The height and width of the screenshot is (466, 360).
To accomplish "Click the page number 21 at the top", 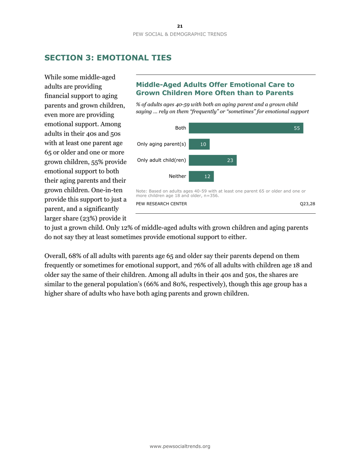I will coord(180,26).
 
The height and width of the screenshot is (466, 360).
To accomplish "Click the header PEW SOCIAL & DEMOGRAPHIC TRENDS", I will coord(180,34).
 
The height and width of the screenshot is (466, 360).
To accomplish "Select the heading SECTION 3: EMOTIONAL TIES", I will coord(108,58).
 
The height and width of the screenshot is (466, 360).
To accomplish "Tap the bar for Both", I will coord(246,128).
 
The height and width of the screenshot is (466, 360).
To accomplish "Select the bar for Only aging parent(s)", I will coord(199,144).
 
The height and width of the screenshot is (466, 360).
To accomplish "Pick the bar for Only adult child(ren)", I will coord(213,160).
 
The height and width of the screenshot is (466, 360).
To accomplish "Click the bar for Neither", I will coord(201,176).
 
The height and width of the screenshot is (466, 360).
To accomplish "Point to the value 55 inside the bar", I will coord(297,128).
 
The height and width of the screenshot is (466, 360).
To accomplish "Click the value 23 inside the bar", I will coord(230,160).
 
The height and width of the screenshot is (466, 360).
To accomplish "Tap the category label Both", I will coord(180,128).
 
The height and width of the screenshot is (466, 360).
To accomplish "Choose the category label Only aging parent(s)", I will coord(161,144).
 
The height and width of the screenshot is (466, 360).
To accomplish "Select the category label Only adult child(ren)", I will coord(161,160).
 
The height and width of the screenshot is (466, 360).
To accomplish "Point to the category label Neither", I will coord(177,176).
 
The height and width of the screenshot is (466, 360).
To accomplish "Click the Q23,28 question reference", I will coord(307,204).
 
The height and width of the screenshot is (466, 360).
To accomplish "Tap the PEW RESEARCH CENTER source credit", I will coord(161,204).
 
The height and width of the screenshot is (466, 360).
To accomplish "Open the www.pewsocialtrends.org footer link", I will coord(180,446).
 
